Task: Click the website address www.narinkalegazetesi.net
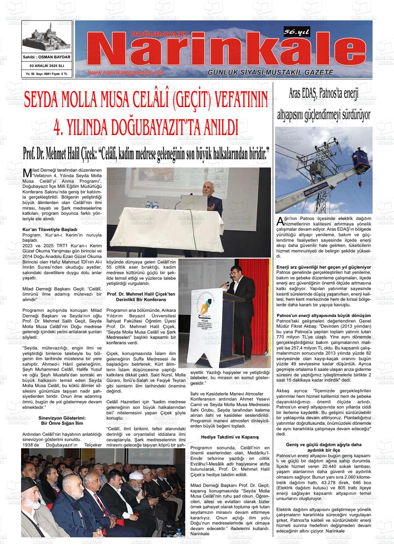point(125,73)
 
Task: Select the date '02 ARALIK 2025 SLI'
point(47,66)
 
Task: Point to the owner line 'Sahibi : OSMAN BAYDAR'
point(47,57)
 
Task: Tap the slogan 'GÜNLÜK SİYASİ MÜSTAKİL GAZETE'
point(270,73)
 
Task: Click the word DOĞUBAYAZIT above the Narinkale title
point(160,34)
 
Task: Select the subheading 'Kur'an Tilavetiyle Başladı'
point(50,229)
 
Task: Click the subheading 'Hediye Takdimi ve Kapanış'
point(230,437)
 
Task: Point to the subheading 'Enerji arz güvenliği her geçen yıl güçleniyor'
point(324,267)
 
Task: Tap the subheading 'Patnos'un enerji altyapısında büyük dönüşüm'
point(324,316)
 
